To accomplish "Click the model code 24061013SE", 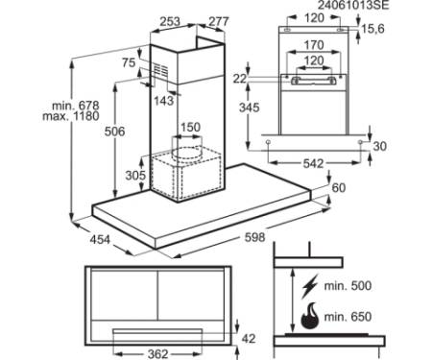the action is pos(353,5).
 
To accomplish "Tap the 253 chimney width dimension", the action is pos(170,21).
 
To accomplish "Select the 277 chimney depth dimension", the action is pos(219,21).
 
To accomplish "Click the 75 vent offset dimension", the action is pos(129,62).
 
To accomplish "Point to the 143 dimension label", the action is pos(164,101).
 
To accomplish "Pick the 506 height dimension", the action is pos(114,132).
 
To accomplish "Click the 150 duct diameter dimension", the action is pos(191,127).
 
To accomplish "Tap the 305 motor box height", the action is pos(135,175).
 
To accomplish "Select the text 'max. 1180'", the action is pos(71,116).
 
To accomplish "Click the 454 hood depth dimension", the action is pos(100,239).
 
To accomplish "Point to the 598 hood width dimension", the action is pos(254,237).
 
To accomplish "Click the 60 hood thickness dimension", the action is pos(339,188).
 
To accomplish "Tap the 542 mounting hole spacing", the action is pos(313,164).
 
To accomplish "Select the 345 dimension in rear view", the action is pos(250,108).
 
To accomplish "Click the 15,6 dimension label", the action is pos(372,29).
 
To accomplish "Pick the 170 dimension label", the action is pos(314,45).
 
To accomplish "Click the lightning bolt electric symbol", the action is pos(310,286).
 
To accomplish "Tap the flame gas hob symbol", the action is pos(310,316).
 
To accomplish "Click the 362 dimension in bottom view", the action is pos(158,354).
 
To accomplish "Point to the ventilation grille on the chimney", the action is pos(160,70).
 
